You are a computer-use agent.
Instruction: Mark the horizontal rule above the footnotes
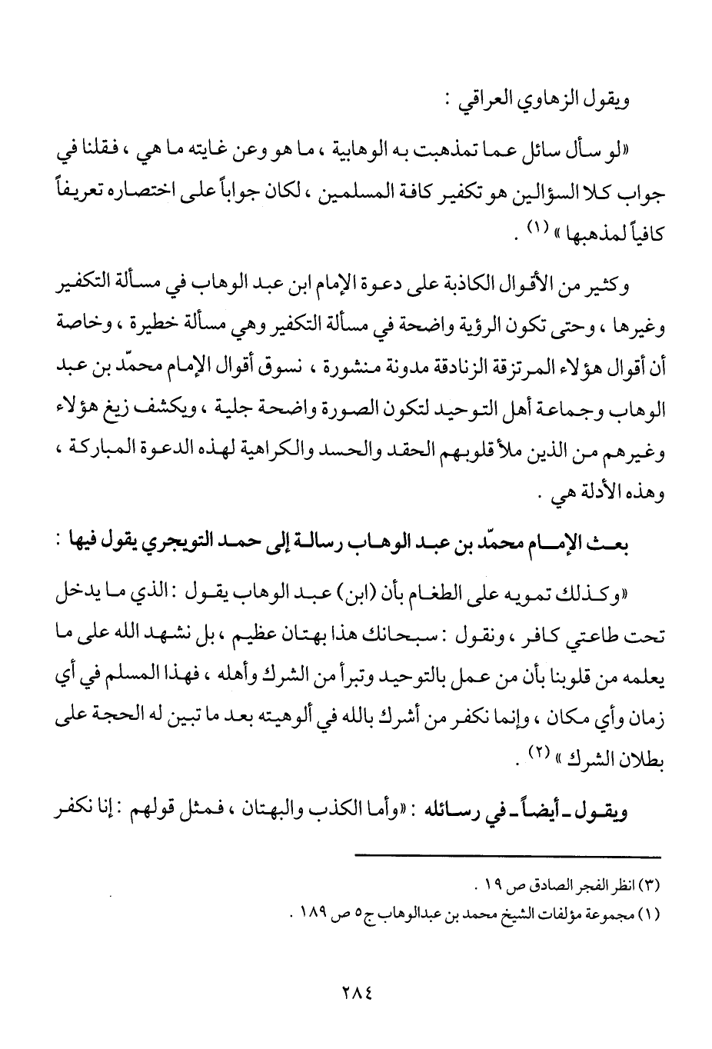[x=508, y=857]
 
